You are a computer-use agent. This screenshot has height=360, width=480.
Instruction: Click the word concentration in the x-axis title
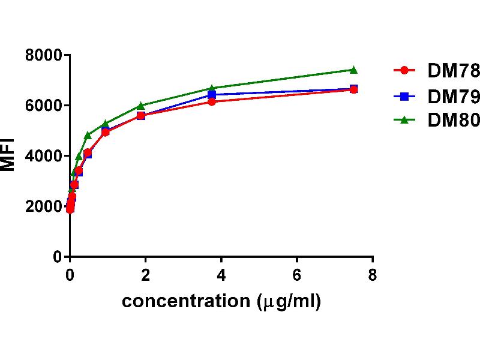[184, 301]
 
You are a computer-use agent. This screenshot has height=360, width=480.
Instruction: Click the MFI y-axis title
[8, 156]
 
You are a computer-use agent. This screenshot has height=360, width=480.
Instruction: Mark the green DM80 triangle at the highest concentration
[353, 70]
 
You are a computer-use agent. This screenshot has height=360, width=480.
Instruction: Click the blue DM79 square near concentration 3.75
[212, 95]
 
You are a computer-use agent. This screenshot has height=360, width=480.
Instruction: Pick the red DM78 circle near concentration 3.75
[212, 102]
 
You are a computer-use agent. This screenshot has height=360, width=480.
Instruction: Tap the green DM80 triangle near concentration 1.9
[141, 106]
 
